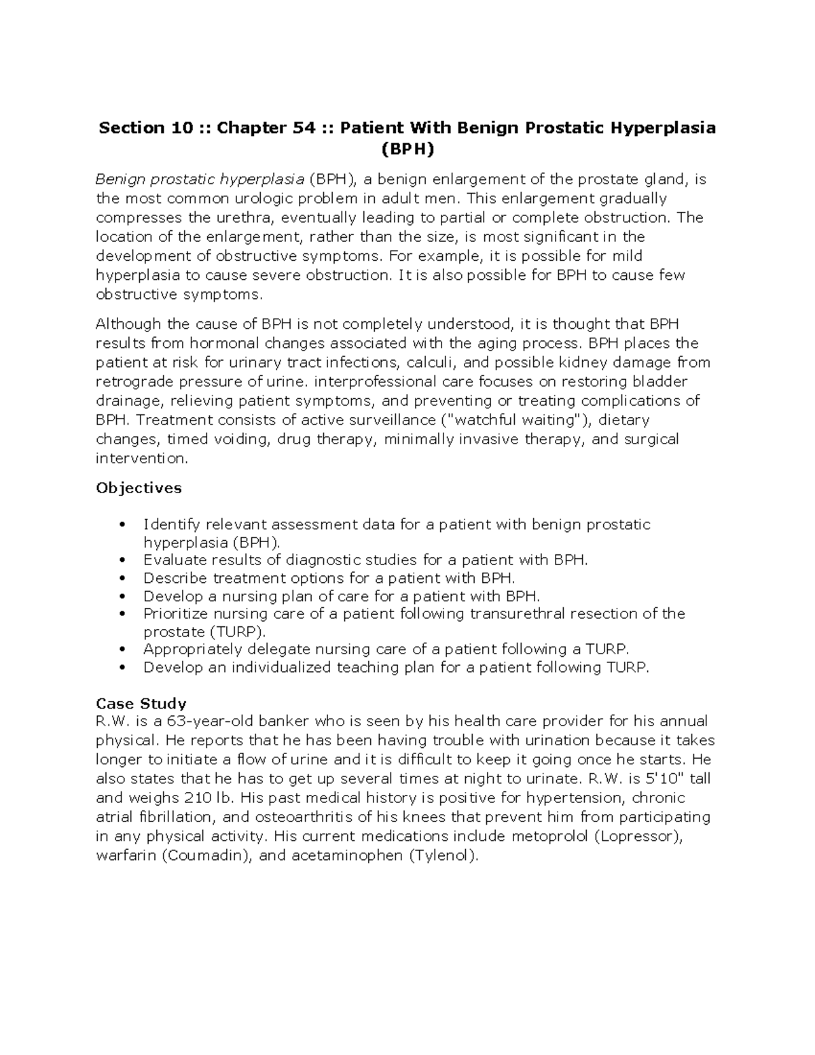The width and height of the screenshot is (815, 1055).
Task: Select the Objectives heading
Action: coord(139,488)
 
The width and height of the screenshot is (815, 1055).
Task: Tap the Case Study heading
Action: coord(141,703)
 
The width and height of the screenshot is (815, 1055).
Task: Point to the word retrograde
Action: coord(130,381)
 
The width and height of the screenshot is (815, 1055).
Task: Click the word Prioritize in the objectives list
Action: coord(175,613)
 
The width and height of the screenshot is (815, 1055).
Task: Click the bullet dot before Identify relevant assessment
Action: coord(122,524)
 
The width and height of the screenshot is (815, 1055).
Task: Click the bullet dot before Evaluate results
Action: coord(122,560)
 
